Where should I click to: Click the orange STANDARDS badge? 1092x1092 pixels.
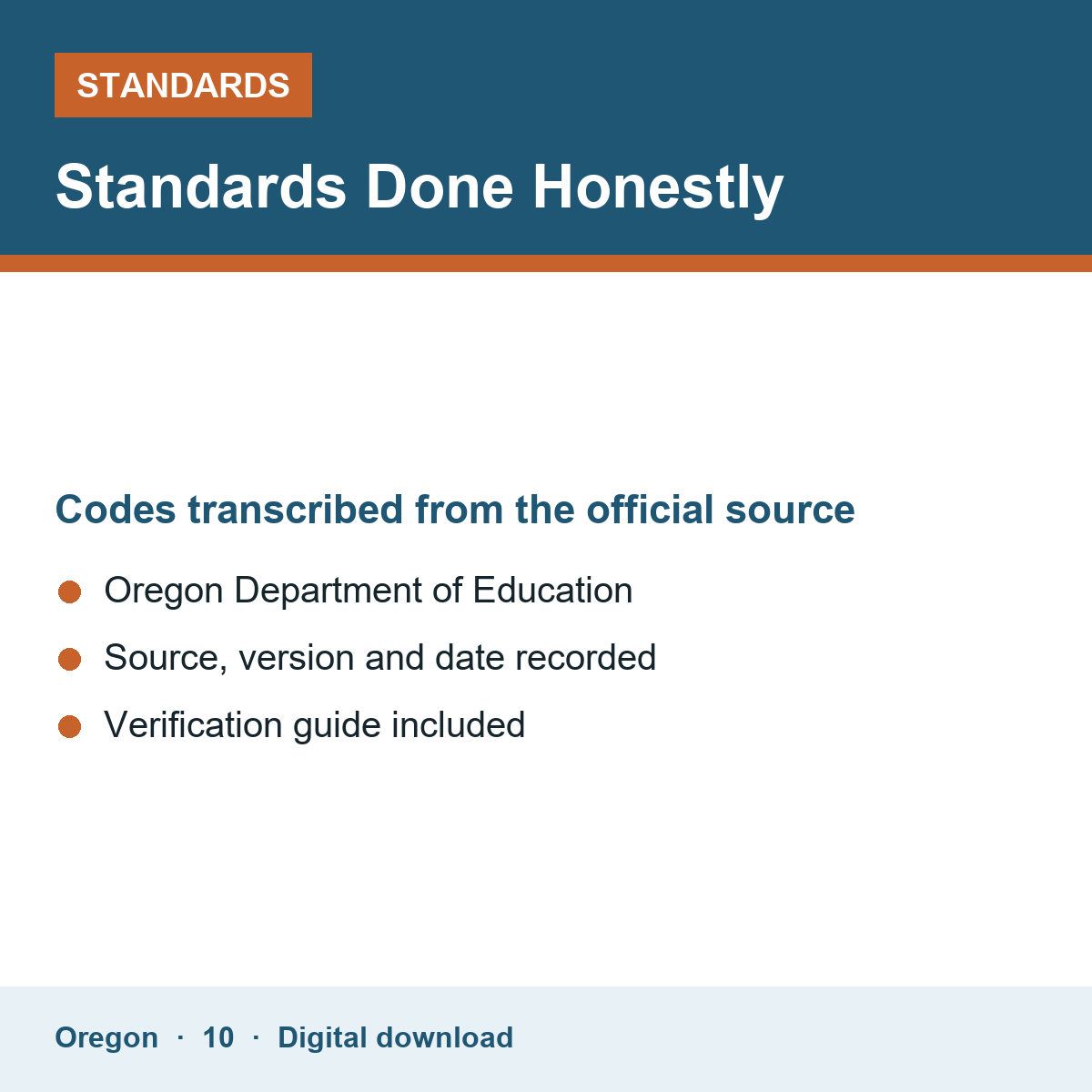coord(183,85)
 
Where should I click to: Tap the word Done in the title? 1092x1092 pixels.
coord(440,187)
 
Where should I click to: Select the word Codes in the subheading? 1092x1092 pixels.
coord(116,510)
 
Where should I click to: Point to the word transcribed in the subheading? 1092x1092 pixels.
coord(295,510)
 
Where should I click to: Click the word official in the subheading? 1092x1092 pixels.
coord(650,510)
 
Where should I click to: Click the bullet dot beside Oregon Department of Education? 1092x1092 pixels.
coord(70,591)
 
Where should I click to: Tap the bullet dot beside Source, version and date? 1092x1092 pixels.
coord(70,659)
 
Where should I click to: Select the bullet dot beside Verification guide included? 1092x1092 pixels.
coord(70,726)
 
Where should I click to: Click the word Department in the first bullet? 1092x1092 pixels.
coord(329,592)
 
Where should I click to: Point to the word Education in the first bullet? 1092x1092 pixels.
coord(552,591)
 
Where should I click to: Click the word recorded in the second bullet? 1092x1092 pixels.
coord(585,657)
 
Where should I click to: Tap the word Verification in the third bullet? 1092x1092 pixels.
coord(193,724)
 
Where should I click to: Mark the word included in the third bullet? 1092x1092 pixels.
coord(458,724)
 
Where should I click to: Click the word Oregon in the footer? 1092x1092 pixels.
coord(106,1038)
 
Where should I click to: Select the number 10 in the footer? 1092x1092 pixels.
coord(218,1037)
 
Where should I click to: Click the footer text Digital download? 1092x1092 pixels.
coord(395,1038)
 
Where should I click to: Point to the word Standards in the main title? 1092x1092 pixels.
coord(201,187)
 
